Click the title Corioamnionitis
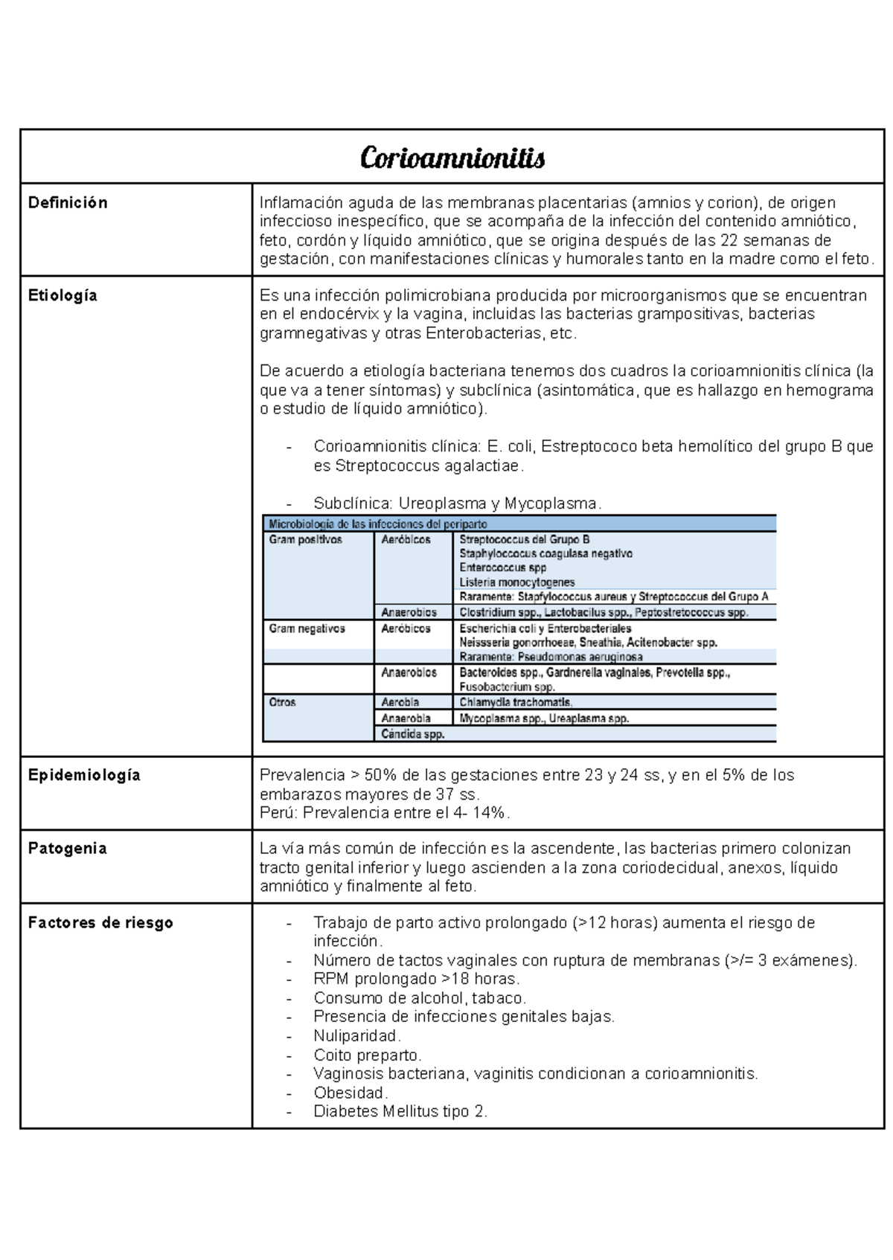click(x=452, y=158)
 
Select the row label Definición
click(x=68, y=203)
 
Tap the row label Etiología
click(x=63, y=295)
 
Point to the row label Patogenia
click(x=67, y=849)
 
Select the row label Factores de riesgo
click(x=100, y=923)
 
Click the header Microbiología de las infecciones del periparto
click(x=378, y=524)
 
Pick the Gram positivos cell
click(x=305, y=540)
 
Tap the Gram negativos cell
click(x=307, y=629)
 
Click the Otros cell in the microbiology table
click(x=282, y=702)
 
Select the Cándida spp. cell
click(x=413, y=734)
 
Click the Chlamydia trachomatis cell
click(x=516, y=702)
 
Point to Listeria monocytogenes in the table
click(x=516, y=582)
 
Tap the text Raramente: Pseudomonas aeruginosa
click(x=551, y=657)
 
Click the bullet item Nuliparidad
click(x=357, y=1036)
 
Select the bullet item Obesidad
click(x=351, y=1093)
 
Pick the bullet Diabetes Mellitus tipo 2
click(x=400, y=1112)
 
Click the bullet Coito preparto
click(x=367, y=1055)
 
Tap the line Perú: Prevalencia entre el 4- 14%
click(x=385, y=813)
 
